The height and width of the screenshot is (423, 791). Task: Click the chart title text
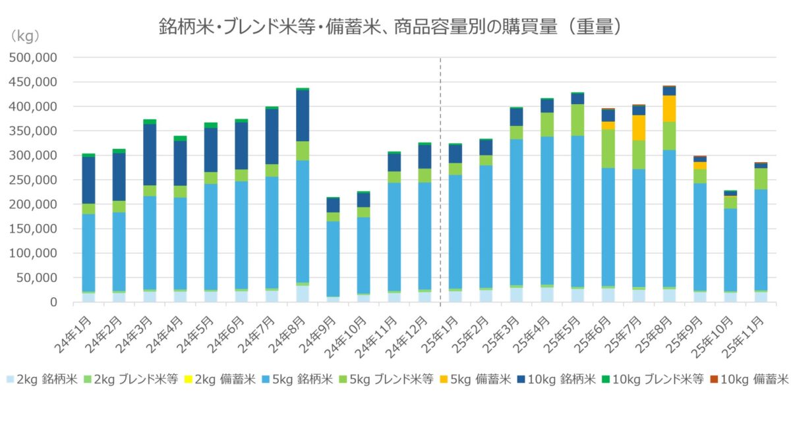[x=391, y=26]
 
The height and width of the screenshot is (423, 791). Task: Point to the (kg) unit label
[x=26, y=34]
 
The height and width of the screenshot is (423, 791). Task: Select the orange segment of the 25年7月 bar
[x=638, y=128]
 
